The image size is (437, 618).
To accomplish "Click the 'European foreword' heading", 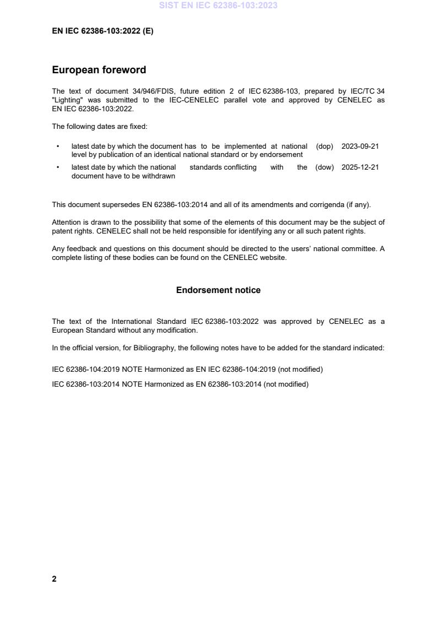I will click(x=99, y=70).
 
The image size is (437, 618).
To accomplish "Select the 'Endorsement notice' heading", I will click(x=218, y=290).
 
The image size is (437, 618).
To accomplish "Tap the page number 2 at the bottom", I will click(x=54, y=579).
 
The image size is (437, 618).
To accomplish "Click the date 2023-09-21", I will click(x=360, y=147).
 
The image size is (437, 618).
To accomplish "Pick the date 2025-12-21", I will click(x=360, y=167).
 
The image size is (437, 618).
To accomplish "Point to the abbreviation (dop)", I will click(x=325, y=147).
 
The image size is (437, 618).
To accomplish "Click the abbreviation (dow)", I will click(x=325, y=167).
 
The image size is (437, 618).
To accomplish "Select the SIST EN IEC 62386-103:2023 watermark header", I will click(x=218, y=6).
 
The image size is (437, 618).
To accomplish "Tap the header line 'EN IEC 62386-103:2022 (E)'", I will click(x=102, y=31).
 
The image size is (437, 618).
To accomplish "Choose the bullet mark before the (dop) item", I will click(x=58, y=147).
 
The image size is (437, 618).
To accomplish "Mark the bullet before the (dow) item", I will click(x=58, y=167).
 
